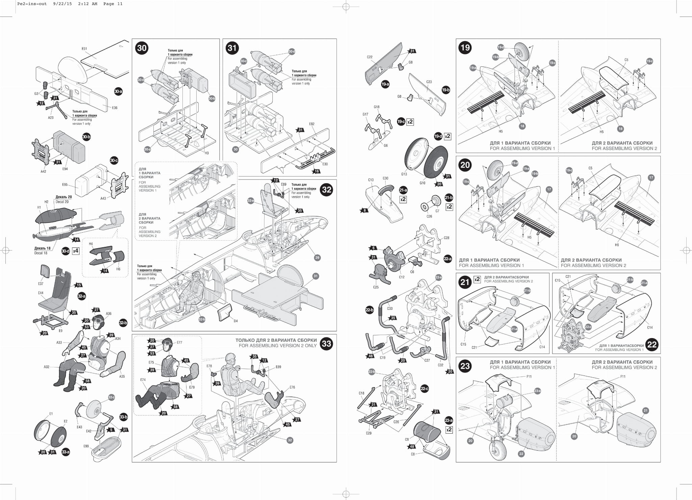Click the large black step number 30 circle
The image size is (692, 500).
coord(142,48)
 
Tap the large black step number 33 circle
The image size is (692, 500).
coord(326,344)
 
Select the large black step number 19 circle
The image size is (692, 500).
coord(465,48)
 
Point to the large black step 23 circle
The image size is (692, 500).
coord(465,366)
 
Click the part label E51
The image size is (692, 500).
coord(84,49)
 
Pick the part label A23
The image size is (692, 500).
coord(51,118)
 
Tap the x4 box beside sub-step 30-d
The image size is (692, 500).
coord(76,251)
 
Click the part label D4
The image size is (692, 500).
coord(236,321)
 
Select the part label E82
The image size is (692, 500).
coord(312,124)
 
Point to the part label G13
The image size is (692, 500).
coord(404,174)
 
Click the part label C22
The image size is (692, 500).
coord(370,57)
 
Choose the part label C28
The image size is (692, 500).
coord(446,238)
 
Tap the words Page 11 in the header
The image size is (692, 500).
coord(113,4)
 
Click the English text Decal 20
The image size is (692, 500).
coord(62,202)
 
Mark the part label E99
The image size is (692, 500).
coord(86,446)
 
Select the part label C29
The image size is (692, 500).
coord(369,433)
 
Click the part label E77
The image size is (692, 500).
coord(179,342)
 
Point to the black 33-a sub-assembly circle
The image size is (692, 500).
coord(66,452)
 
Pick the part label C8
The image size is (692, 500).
coord(413,454)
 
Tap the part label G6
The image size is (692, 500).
coord(386,145)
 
